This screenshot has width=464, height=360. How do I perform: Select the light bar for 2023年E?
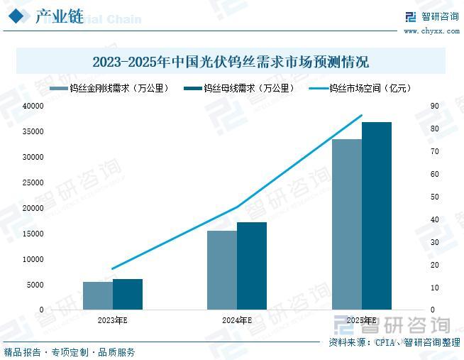click(98, 295)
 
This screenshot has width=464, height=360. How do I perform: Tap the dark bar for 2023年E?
click(128, 294)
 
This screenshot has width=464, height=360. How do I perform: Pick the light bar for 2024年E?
click(222, 270)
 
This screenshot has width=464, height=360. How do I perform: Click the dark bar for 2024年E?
click(252, 266)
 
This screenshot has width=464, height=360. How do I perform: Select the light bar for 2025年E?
click(347, 224)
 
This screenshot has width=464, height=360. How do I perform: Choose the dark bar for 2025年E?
click(377, 216)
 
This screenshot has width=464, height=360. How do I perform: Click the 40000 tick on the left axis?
click(33, 106)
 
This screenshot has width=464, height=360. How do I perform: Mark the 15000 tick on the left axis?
click(33, 234)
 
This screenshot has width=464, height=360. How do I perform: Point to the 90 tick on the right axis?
click(435, 106)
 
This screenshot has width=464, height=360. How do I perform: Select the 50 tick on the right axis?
click(435, 197)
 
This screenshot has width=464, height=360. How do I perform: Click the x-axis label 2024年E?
click(237, 321)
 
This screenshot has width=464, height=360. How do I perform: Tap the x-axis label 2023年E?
click(113, 321)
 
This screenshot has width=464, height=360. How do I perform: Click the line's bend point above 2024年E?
click(238, 207)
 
